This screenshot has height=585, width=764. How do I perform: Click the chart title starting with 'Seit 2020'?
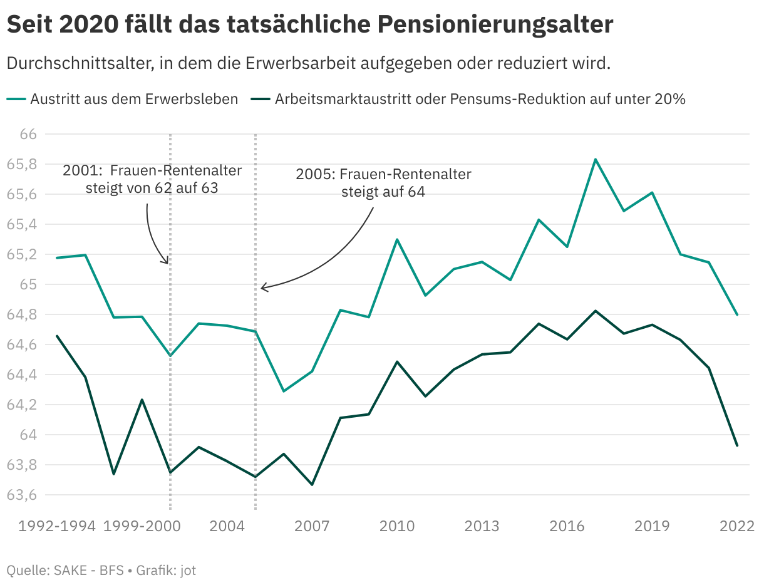coord(309,25)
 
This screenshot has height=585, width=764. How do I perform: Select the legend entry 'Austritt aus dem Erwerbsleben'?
coord(133,99)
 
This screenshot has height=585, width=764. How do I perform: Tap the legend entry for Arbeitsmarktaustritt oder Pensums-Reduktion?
coord(480,99)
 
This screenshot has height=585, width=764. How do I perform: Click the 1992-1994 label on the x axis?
coord(57,525)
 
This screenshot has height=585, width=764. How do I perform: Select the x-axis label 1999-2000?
coord(142,525)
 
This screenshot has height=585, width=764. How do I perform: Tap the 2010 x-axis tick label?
coord(397,525)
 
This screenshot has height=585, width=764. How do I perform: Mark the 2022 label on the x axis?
coord(737,525)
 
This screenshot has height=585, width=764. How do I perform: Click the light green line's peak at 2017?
coord(596,159)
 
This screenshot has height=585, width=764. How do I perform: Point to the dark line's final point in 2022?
coord(737,445)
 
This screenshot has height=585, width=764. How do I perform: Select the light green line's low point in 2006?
coord(284,391)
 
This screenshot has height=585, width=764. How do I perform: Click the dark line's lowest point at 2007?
coord(312,485)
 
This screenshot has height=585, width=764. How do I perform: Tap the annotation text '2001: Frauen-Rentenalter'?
coord(152,171)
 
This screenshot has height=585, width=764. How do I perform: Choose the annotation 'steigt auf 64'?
coord(383,192)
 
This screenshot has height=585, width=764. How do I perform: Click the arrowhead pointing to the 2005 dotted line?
coord(262,287)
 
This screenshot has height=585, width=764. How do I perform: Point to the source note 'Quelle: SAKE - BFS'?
coord(65,570)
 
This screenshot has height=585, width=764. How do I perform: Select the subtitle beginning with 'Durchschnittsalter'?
coord(308,63)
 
